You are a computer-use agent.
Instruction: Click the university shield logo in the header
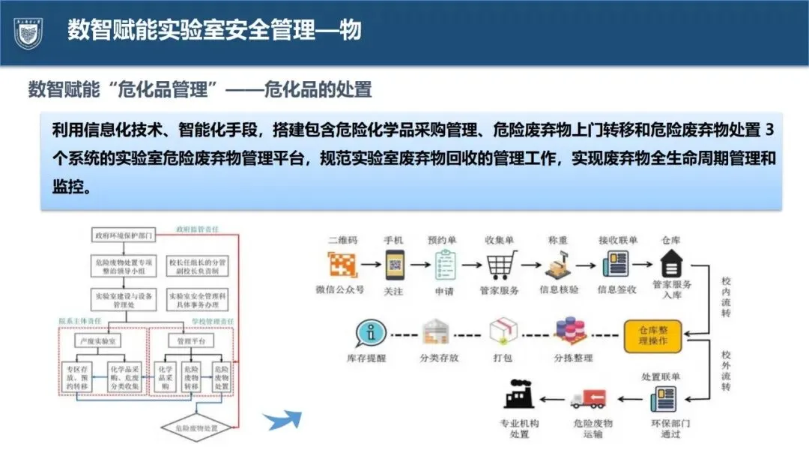28,31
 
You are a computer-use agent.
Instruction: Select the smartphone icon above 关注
393,265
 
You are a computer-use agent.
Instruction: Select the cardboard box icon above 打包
503,331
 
